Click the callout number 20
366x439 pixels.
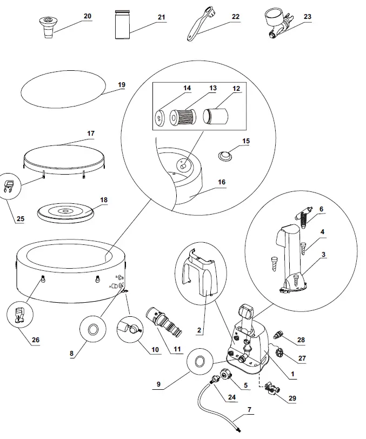pyautogui.click(x=87, y=17)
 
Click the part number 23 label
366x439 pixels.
pyautogui.click(x=307, y=17)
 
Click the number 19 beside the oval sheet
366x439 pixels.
pyautogui.click(x=121, y=85)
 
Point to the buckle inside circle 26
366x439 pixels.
pyautogui.click(x=19, y=317)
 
